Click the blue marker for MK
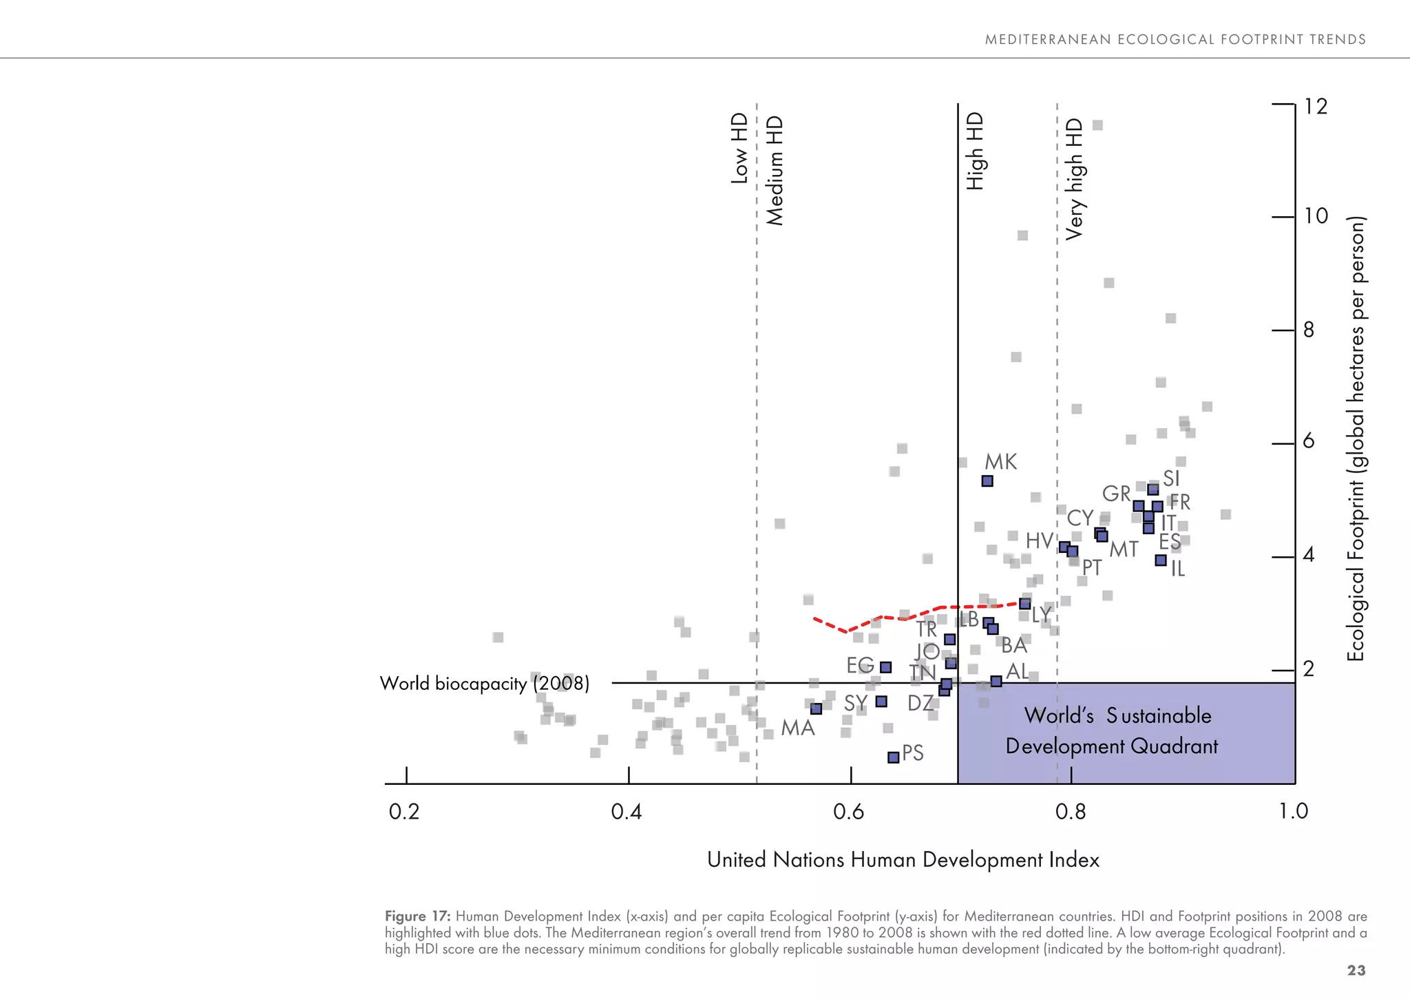987,481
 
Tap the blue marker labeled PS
894,757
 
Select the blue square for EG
886,667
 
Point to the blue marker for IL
1161,560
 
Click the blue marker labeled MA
817,708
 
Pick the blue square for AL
996,681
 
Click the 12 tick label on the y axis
1316,107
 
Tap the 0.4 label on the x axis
627,812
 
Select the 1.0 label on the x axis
1293,812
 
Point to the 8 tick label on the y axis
1309,330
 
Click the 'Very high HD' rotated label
1074,179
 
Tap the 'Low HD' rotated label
739,148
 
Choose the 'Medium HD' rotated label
775,170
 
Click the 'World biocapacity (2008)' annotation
485,684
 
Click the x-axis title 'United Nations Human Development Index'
903,860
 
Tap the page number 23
1356,971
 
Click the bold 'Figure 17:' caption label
417,916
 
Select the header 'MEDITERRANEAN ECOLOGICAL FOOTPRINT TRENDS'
1175,40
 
